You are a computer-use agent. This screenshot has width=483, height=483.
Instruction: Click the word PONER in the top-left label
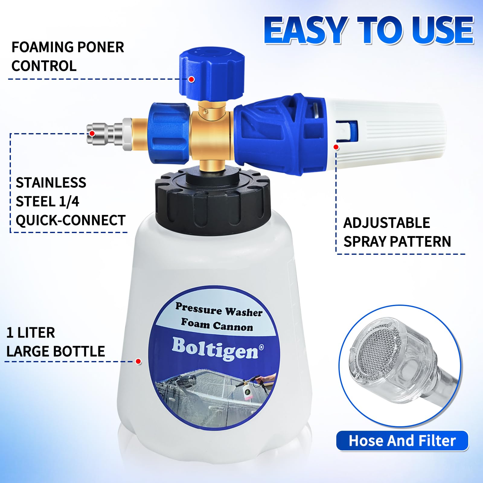(101, 47)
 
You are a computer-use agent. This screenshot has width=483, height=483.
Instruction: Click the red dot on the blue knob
(191, 79)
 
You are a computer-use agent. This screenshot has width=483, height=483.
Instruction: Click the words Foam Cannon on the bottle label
(217, 325)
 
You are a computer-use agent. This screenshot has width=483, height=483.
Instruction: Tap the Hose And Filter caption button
(402, 441)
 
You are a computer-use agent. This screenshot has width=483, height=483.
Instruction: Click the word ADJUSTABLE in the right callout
(387, 223)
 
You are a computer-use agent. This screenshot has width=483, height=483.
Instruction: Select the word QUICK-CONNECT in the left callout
(71, 220)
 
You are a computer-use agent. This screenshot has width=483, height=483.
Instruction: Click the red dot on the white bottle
(139, 361)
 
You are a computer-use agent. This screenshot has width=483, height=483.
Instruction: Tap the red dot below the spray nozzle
(336, 147)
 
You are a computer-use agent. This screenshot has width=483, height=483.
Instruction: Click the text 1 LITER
(31, 333)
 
